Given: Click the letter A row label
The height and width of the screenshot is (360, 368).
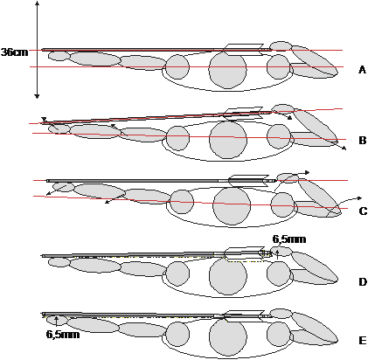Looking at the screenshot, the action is click(x=362, y=70).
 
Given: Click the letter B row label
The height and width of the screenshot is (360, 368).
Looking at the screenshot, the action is click(x=362, y=141).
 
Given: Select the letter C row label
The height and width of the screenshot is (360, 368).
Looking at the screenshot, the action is click(x=363, y=211).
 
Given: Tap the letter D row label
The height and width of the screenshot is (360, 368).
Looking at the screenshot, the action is click(x=363, y=282).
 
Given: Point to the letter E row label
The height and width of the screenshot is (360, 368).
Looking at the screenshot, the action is click(x=362, y=341).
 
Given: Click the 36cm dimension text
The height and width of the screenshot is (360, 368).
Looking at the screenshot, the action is click(x=15, y=52).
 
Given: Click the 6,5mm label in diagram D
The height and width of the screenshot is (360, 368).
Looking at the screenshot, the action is click(x=289, y=239).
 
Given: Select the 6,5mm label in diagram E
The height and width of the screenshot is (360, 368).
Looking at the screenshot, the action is click(x=63, y=334).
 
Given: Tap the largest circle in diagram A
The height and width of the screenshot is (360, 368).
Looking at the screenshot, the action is click(x=227, y=69).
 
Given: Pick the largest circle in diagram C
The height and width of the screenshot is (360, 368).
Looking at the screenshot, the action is click(x=232, y=206).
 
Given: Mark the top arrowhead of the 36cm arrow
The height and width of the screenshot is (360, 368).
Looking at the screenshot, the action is click(x=37, y=3).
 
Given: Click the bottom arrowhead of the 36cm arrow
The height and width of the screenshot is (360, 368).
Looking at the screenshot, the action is click(x=37, y=96).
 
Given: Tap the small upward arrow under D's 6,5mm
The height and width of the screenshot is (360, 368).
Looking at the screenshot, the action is click(x=277, y=254).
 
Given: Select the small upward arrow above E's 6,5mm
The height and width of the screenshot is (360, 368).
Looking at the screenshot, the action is click(x=57, y=321).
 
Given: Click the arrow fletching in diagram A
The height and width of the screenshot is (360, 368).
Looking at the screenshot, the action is click(x=244, y=50).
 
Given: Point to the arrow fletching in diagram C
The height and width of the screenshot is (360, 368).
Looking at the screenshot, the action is click(x=248, y=181).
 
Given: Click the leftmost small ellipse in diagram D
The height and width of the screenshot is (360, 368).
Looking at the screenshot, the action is click(x=59, y=262).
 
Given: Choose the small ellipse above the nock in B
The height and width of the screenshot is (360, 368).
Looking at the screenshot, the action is click(x=282, y=108).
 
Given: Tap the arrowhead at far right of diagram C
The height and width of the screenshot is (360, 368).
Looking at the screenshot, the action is click(x=358, y=198).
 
